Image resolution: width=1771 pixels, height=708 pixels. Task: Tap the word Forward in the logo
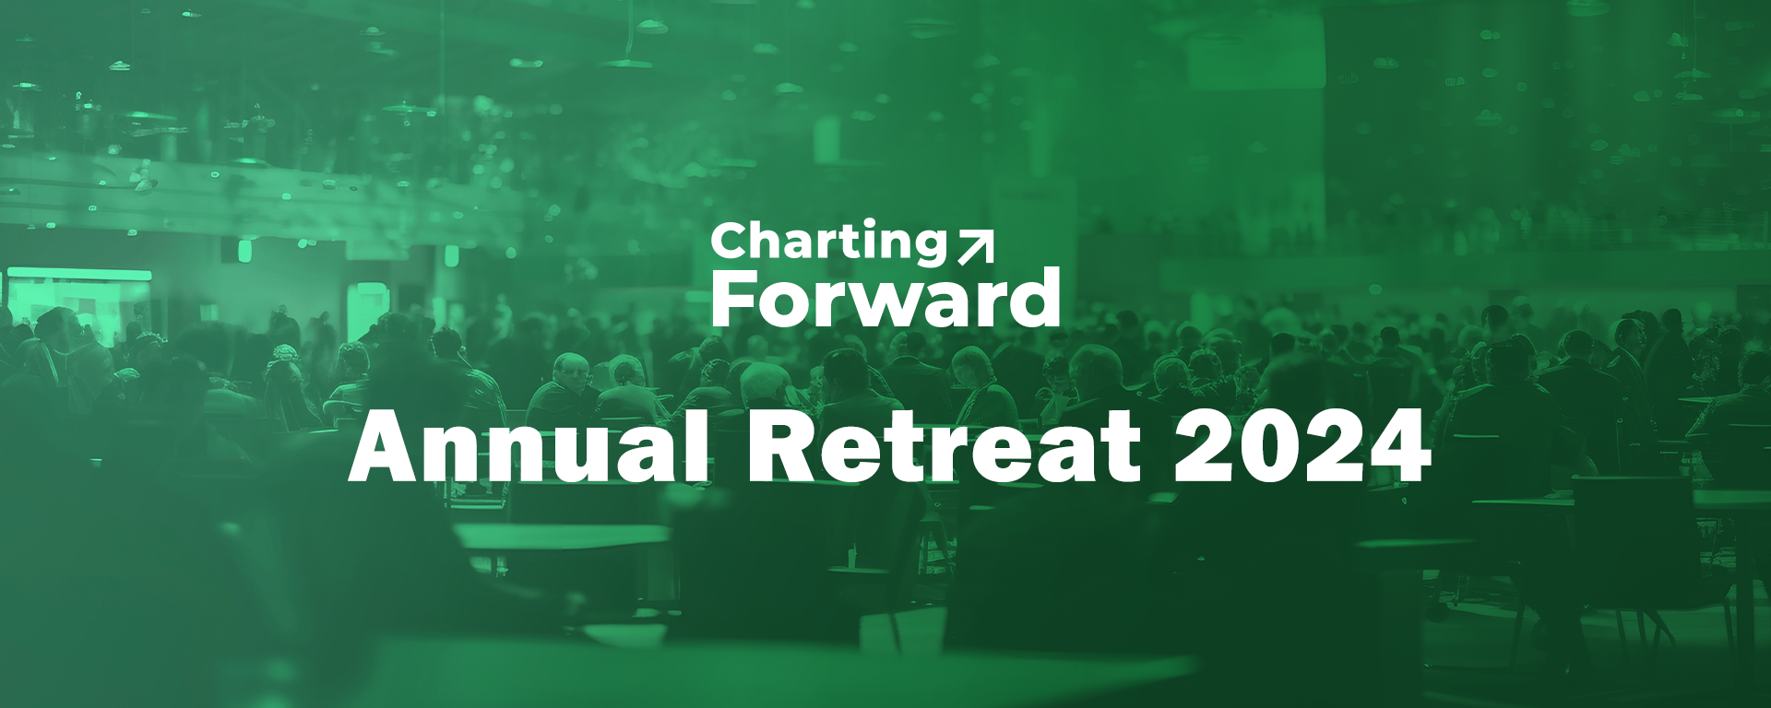[885, 299]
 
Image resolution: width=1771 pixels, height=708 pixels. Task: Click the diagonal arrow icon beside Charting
[976, 247]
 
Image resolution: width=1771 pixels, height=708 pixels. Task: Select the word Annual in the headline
[529, 444]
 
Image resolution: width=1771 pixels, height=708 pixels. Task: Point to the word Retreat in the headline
[944, 445]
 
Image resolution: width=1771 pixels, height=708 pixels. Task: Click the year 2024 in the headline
[1302, 444]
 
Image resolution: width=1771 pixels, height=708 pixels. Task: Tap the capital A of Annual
[386, 446]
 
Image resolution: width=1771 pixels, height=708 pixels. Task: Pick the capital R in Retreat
[783, 446]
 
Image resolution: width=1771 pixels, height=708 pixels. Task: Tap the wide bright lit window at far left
[79, 301]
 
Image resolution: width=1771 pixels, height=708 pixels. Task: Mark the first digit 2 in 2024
[1205, 444]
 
